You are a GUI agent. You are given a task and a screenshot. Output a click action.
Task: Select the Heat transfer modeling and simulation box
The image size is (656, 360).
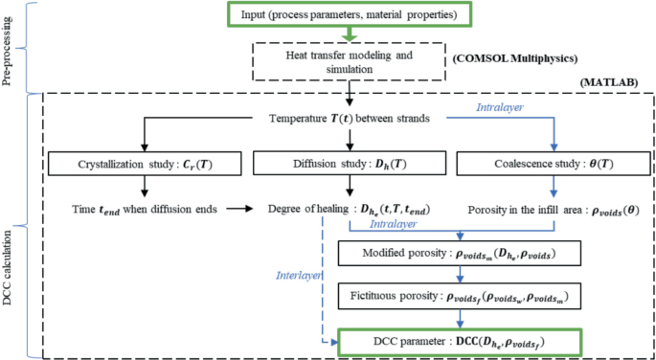tap(349, 63)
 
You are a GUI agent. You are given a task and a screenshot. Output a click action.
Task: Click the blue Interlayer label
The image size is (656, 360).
tap(297, 274)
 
